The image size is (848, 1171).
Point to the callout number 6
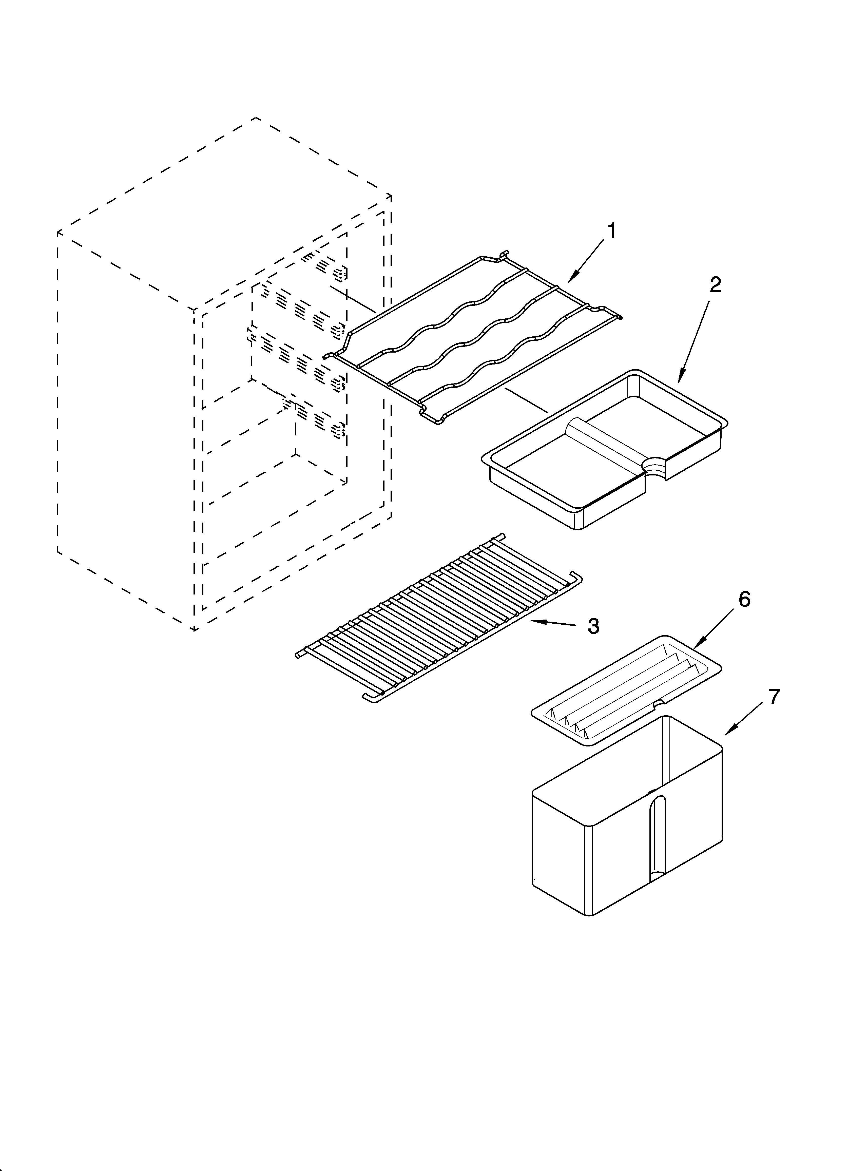tap(744, 599)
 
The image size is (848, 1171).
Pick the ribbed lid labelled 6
tap(625, 689)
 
